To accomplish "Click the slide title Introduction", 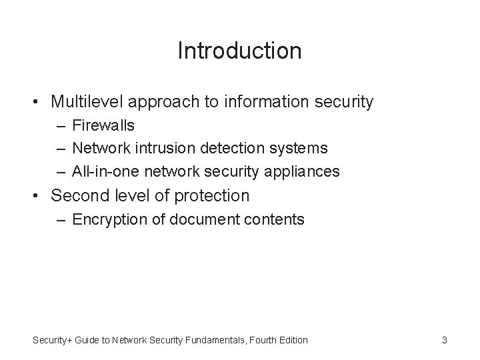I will pos(239,51).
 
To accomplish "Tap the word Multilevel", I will pos(87,102).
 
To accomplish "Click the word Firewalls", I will pos(103,125).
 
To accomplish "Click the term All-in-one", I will pos(103,171).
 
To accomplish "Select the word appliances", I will pos(307,172).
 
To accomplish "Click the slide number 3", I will pos(444,340).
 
